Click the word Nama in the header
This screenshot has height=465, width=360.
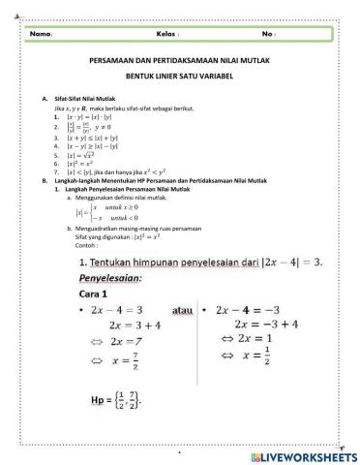pos(40,34)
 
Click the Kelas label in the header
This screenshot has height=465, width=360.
pos(166,34)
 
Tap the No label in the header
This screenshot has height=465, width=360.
pos(268,34)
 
